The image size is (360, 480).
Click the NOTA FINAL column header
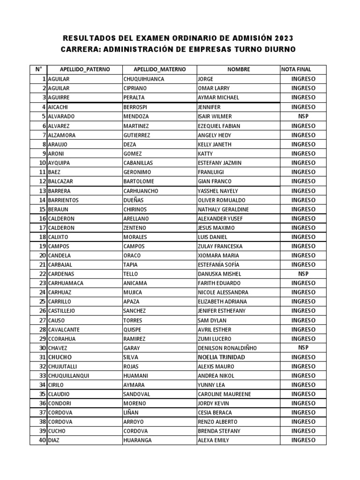click(x=296, y=69)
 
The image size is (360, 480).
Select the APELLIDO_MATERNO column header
click(x=159, y=69)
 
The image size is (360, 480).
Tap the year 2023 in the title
click(x=281, y=38)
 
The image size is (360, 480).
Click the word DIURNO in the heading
click(x=280, y=50)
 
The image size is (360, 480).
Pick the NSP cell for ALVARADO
click(x=303, y=116)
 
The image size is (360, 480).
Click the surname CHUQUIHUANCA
click(x=143, y=79)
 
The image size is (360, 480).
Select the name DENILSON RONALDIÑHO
click(x=227, y=348)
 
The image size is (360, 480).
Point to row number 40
click(x=42, y=440)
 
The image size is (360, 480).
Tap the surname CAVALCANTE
click(x=64, y=330)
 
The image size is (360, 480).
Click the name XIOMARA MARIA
click(x=218, y=255)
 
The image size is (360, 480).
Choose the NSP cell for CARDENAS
click(x=303, y=274)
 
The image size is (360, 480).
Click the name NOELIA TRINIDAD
click(x=221, y=357)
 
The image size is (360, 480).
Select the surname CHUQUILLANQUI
click(x=68, y=375)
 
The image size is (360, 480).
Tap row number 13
click(x=42, y=191)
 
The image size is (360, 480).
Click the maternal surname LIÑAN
click(x=131, y=412)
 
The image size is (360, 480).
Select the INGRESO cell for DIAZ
click(x=303, y=440)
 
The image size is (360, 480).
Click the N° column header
click(x=38, y=69)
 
